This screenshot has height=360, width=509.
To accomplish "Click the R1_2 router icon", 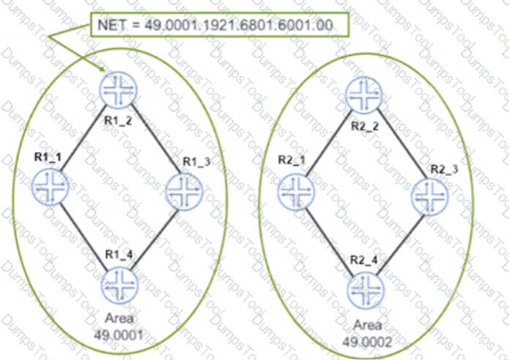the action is [x=119, y=91].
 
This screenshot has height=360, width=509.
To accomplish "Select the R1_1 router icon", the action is [x=51, y=187].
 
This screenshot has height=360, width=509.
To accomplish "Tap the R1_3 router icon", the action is [x=184, y=192].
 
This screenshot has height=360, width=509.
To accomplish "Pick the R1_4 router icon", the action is [x=120, y=285].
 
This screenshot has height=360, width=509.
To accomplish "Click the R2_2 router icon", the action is [x=364, y=95].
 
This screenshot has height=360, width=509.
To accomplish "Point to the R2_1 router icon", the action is [x=297, y=192].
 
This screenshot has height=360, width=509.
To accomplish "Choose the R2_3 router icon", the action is [x=430, y=197].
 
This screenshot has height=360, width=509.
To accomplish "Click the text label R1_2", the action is [x=118, y=121].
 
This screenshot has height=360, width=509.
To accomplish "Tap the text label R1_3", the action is [x=197, y=162].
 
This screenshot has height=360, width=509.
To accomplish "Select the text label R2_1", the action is [x=291, y=160].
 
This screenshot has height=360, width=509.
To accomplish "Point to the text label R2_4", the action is [x=364, y=260].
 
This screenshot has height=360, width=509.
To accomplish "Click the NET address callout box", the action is [x=220, y=25].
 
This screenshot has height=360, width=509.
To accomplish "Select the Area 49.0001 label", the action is [x=119, y=326].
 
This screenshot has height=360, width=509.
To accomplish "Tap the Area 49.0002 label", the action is [x=367, y=333].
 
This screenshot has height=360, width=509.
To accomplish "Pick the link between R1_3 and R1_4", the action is [x=155, y=240].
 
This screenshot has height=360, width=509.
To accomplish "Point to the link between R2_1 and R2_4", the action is [x=330, y=242].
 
